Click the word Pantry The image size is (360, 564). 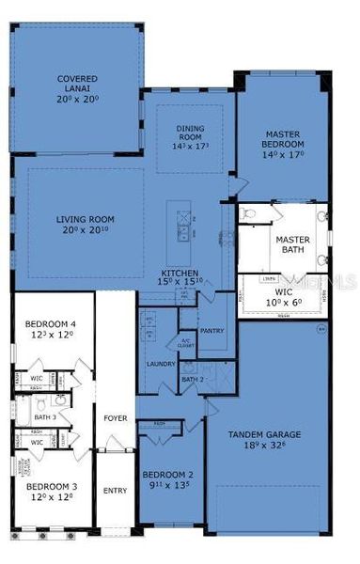click(x=212, y=331)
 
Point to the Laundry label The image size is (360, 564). click(x=156, y=363)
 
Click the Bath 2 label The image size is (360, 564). click(x=193, y=380)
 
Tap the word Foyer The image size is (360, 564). click(x=115, y=419)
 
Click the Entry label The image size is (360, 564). click(x=115, y=490)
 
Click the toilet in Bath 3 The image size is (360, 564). click(x=60, y=400)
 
